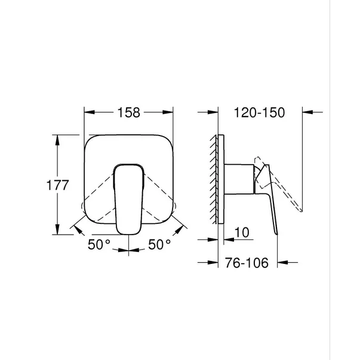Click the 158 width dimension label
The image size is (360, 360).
(128, 112)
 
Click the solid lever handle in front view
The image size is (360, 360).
(128, 197)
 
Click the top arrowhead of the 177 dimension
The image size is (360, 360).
(58, 139)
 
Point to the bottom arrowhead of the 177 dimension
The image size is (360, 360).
(58, 231)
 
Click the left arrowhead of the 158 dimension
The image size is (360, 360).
(88, 112)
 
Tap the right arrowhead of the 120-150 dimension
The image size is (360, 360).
(307, 112)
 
